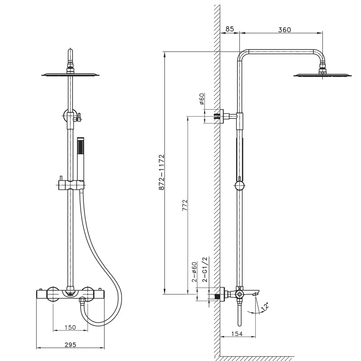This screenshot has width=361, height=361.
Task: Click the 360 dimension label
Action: point(284,30)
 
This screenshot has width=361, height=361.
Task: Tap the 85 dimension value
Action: point(230,29)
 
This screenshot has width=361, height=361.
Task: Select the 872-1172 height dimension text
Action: point(161,172)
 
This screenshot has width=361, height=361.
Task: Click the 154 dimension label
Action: point(236,334)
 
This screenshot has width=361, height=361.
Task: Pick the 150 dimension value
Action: point(70,327)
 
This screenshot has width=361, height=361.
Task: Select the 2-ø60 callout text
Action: point(194,271)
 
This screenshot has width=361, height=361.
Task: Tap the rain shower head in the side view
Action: point(322,75)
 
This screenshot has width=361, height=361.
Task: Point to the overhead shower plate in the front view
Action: point(70,75)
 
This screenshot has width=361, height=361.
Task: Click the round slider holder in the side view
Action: point(239,186)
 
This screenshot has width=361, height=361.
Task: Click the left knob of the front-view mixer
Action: point(53,294)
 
